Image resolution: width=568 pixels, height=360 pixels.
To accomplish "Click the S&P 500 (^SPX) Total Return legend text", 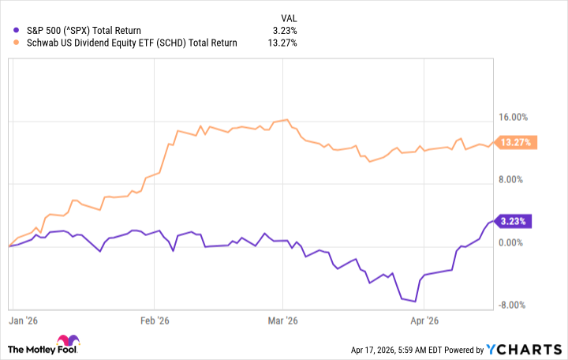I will point(84,31).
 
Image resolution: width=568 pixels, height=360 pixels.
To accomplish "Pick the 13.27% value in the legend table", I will point(281,43).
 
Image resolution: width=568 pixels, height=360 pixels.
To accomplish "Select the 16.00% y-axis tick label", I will point(518,118).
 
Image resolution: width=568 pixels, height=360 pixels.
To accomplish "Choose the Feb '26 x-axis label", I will point(155,321).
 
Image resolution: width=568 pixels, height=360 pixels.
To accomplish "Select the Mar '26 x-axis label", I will point(282,321).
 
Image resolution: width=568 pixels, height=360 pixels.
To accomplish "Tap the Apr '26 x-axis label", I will point(425,321).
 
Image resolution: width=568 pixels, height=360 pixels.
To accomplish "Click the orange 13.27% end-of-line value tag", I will point(516,142).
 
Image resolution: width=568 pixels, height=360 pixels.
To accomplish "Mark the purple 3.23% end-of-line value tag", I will point(512,221).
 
